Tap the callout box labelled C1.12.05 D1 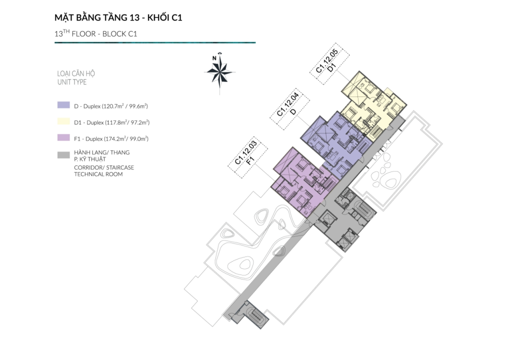(x=329, y=63)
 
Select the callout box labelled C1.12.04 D (x=289, y=109)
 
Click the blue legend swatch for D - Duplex (x=63, y=105)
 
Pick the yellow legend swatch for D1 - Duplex (x=63, y=121)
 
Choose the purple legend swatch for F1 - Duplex (x=63, y=137)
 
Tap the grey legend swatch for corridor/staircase (x=63, y=155)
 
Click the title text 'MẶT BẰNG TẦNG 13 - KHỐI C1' (x=118, y=17)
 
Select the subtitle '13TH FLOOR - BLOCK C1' (x=95, y=33)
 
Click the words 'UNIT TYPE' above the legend (x=72, y=82)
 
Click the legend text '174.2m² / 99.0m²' (x=126, y=139)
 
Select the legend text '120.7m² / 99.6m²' (x=124, y=106)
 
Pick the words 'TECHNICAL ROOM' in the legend (x=98, y=174)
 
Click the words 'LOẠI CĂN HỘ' (x=76, y=73)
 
